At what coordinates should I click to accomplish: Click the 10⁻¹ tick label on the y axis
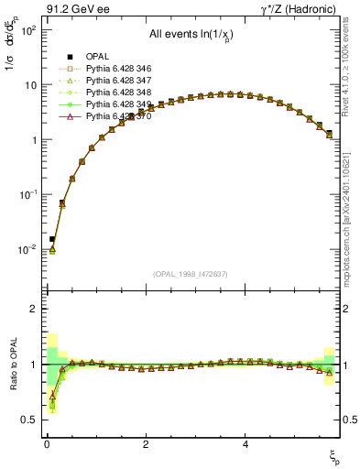27,194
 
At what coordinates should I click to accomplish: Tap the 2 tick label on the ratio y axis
30,309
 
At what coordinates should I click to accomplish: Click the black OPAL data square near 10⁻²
52,239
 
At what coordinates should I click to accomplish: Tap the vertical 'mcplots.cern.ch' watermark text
352,247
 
